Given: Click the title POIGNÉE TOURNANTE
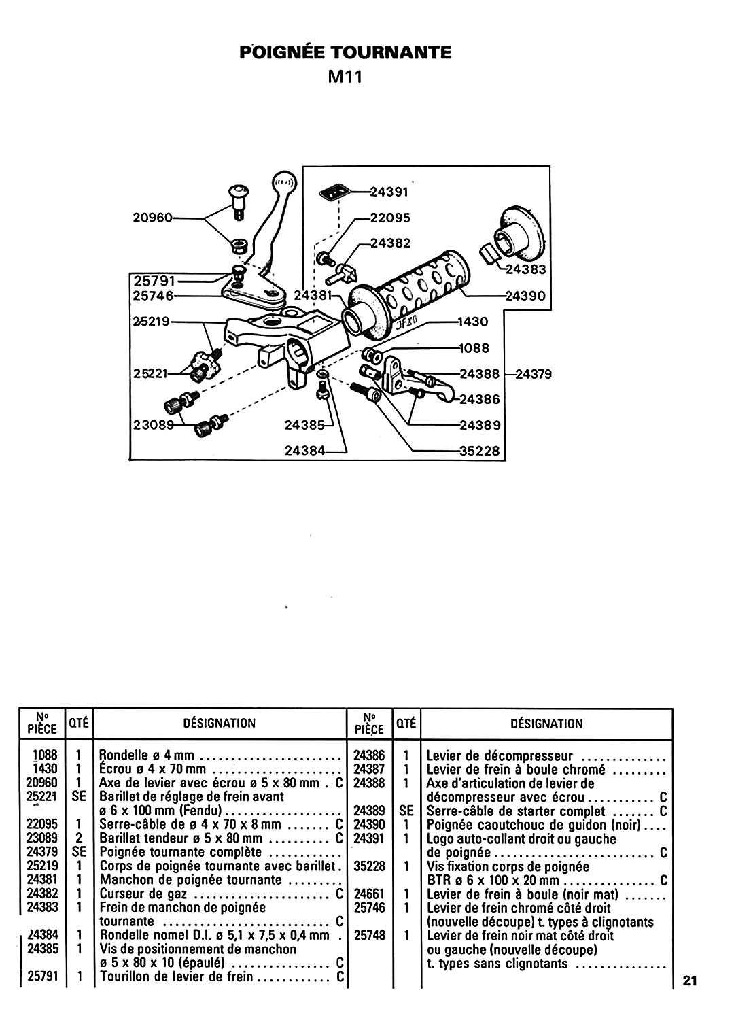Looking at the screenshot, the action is pos(345,53).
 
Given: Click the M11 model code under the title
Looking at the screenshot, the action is pos(345,77).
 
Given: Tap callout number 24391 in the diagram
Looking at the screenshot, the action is pos(389,192).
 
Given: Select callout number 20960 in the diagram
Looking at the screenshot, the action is pos(152,218).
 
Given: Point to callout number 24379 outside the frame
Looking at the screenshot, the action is pos(533,374).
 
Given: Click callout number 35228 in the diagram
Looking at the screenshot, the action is pos(480,451).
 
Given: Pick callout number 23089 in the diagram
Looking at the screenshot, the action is pos(154,425).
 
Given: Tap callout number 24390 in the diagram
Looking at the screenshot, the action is pos(525,296).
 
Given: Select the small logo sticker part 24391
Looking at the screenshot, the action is pos(335,192).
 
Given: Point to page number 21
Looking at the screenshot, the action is pos(690,981).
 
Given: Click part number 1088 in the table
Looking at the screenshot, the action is pos(45,755).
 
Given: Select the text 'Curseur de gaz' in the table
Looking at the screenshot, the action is pos(143,894).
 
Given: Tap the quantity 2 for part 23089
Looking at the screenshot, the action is pos(79,838).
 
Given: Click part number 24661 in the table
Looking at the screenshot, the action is pos(369,894).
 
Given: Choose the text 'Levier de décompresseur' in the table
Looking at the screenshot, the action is pos(500,756).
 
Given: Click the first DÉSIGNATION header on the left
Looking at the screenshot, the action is pos(220,724).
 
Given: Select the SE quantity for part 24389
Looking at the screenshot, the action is pos(406,811).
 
